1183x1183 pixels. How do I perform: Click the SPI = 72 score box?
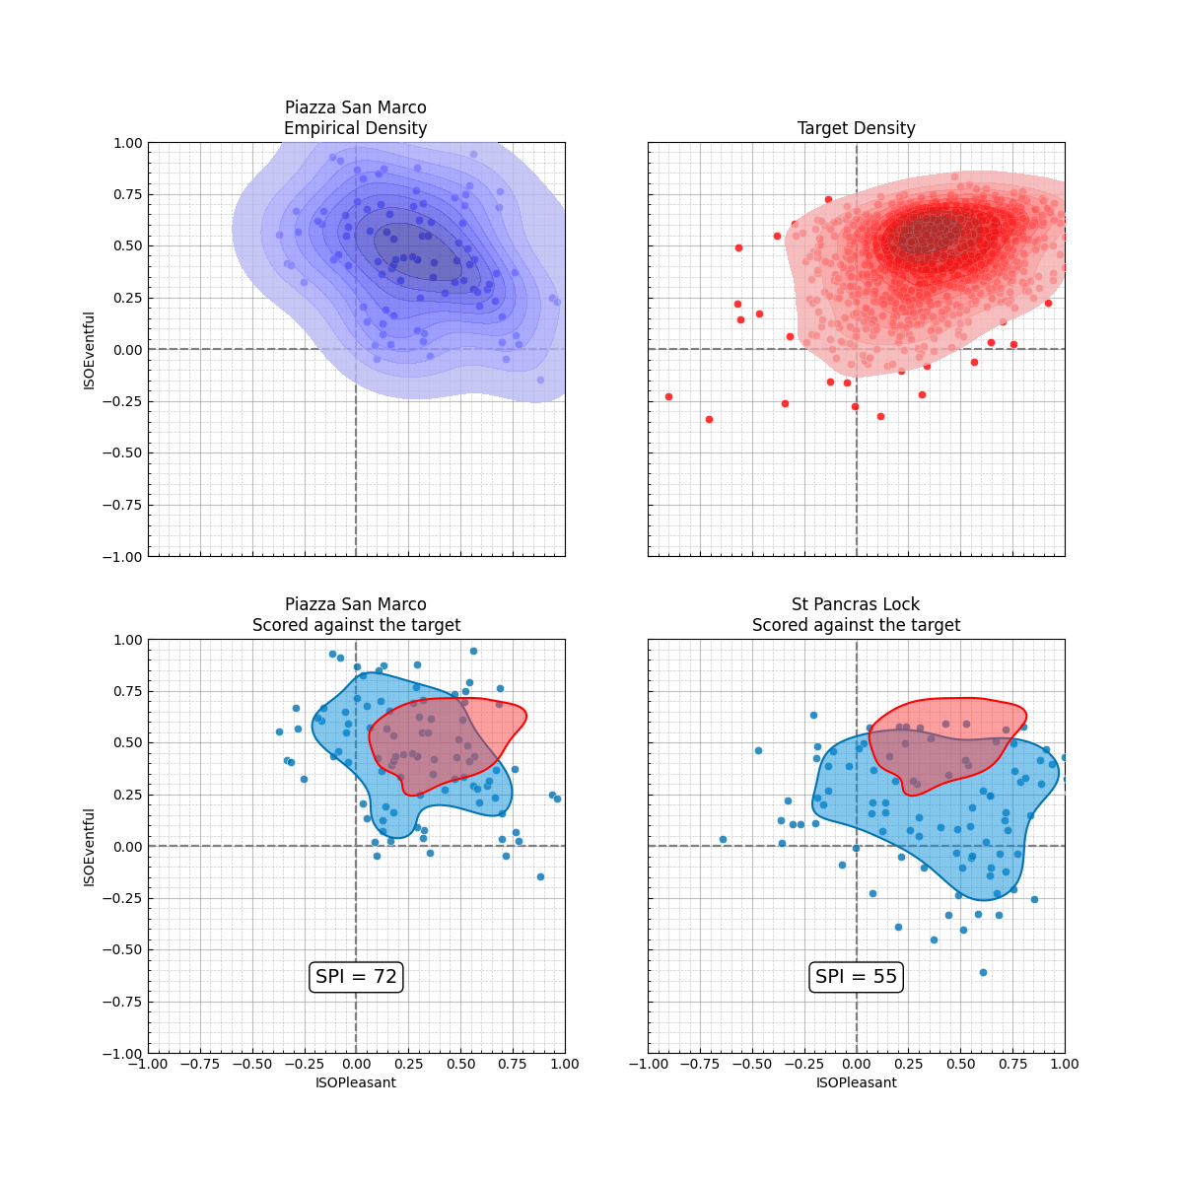click(x=356, y=977)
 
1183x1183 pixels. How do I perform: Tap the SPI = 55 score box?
click(x=856, y=977)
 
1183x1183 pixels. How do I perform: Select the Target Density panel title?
click(x=856, y=128)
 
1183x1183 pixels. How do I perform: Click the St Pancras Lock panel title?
click(x=856, y=604)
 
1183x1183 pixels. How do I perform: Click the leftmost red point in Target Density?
click(x=668, y=396)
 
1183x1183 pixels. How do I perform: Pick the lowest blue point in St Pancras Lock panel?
click(x=983, y=972)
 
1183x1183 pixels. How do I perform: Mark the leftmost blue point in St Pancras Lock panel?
click(x=723, y=839)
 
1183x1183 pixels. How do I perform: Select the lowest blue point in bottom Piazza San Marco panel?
click(x=540, y=876)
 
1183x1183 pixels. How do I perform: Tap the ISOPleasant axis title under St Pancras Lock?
click(x=856, y=1082)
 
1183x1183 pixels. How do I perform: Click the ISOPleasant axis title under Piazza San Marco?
click(x=356, y=1082)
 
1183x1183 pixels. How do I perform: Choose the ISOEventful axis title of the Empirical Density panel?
click(x=90, y=350)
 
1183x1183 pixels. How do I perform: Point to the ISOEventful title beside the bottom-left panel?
click(x=90, y=847)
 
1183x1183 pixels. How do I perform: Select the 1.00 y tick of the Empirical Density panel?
click(x=127, y=143)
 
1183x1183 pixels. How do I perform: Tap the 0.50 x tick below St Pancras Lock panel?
click(x=960, y=1064)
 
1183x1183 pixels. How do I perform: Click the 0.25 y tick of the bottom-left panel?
click(x=127, y=795)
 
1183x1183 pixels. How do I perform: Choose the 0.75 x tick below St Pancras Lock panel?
click(x=1012, y=1064)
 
